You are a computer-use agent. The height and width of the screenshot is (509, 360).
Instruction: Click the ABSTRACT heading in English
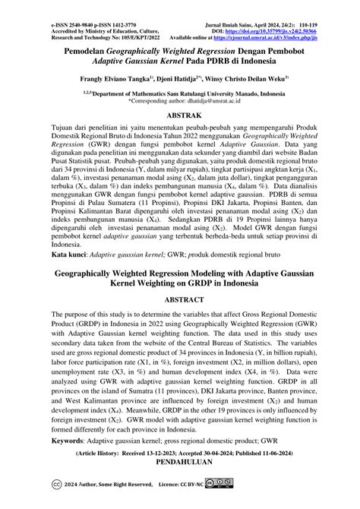click(180, 278)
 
